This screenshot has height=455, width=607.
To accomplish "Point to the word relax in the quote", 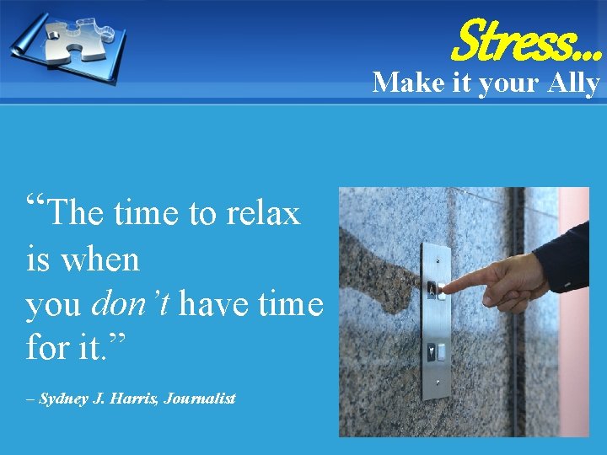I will click(263, 214).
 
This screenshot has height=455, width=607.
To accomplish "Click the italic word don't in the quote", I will click(131, 304).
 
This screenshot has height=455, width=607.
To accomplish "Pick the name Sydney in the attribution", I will click(67, 399).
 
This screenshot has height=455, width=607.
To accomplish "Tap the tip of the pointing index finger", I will click(444, 288).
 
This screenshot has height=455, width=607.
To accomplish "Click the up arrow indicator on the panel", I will click(431, 289).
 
